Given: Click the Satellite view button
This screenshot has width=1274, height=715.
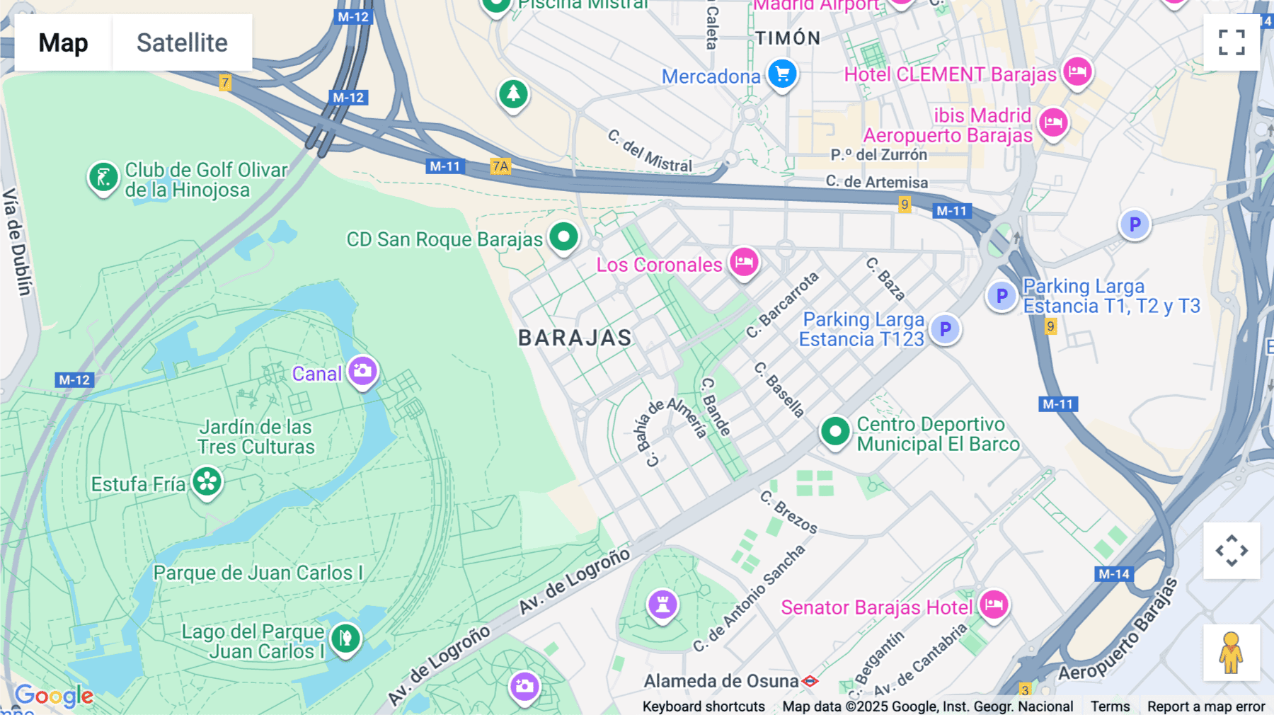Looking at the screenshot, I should pyautogui.click(x=182, y=42).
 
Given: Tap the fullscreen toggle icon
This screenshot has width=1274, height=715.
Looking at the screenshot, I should pyautogui.click(x=1232, y=42).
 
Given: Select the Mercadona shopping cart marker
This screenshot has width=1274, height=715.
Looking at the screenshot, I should pyautogui.click(x=782, y=74).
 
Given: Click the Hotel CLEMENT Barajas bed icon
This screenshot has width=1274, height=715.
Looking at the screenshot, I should pyautogui.click(x=1077, y=71).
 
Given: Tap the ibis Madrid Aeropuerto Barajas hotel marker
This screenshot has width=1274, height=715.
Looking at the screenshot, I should pyautogui.click(x=1052, y=122).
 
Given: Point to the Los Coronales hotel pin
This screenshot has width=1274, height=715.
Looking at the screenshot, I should pyautogui.click(x=743, y=262).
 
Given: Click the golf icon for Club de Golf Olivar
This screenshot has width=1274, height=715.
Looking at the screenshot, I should pyautogui.click(x=103, y=177).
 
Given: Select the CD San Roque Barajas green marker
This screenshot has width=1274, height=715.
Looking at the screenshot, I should pyautogui.click(x=563, y=236).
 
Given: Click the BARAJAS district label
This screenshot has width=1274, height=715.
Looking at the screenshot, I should pyautogui.click(x=575, y=338).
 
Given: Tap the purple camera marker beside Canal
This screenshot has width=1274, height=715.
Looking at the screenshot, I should pyautogui.click(x=362, y=370).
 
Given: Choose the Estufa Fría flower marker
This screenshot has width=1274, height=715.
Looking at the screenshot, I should pyautogui.click(x=207, y=482).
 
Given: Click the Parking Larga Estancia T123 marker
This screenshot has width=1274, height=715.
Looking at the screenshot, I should pyautogui.click(x=945, y=328).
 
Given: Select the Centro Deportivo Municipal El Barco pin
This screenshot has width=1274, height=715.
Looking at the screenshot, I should pyautogui.click(x=835, y=430).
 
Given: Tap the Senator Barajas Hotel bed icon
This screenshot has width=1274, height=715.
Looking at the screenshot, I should pyautogui.click(x=994, y=605).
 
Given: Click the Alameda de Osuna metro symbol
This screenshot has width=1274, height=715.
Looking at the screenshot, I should pyautogui.click(x=810, y=681).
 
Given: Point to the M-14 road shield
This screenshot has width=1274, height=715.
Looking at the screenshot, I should pyautogui.click(x=1113, y=574).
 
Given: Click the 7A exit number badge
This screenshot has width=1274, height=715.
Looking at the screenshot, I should pyautogui.click(x=500, y=166).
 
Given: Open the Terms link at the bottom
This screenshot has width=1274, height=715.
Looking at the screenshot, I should pyautogui.click(x=1110, y=706).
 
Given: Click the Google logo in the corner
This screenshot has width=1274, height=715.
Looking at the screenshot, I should pyautogui.click(x=54, y=696).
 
